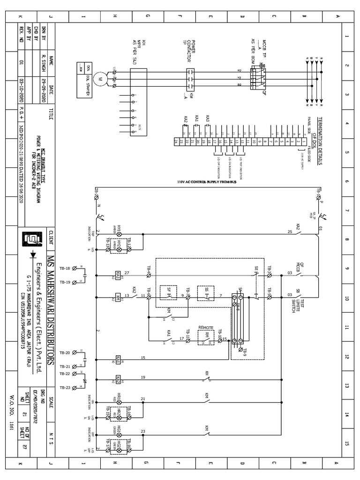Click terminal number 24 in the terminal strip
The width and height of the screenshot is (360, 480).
point(176,141)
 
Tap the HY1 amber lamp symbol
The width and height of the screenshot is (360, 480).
point(119,233)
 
